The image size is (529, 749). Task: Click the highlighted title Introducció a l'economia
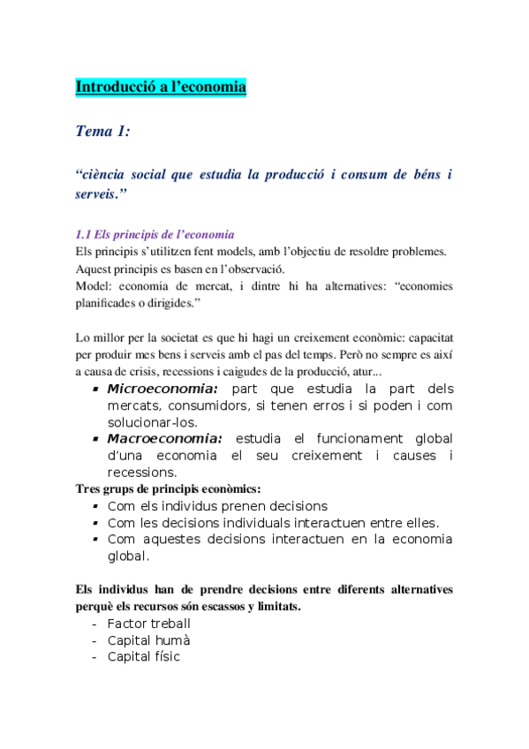(161, 87)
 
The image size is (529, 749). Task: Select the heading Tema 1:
(103, 132)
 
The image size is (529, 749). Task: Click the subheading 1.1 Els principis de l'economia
(155, 235)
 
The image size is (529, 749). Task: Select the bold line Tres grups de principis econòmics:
(169, 488)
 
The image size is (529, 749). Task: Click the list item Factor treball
(148, 624)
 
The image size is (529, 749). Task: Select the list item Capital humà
(148, 640)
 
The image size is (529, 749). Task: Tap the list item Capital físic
(144, 656)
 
